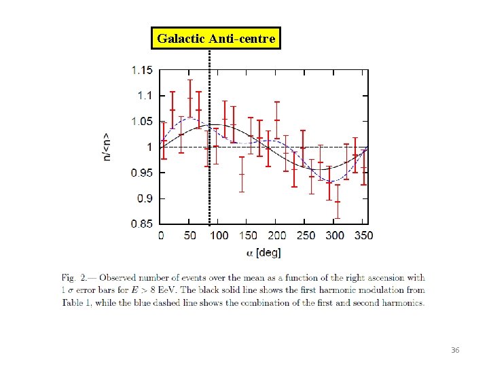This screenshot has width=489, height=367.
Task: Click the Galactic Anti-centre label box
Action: pyautogui.click(x=216, y=39)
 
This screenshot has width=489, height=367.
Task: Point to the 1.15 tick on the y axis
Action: pyautogui.click(x=142, y=69)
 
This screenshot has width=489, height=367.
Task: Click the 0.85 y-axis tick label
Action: pyautogui.click(x=142, y=224)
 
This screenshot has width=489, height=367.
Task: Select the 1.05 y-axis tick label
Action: pyautogui.click(x=142, y=122)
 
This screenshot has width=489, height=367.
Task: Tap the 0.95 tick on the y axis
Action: pyautogui.click(x=142, y=173)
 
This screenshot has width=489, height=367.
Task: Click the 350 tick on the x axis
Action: pyautogui.click(x=363, y=235)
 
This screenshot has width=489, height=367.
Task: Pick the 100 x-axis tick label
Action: pyautogui.click(x=219, y=235)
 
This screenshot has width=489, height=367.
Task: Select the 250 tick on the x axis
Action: pyautogui.click(x=306, y=235)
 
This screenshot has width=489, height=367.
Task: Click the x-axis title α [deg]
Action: pyautogui.click(x=264, y=252)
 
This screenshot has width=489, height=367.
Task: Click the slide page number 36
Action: pyautogui.click(x=456, y=349)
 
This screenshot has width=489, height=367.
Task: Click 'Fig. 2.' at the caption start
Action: pyautogui.click(x=75, y=277)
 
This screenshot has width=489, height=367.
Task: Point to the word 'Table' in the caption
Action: pyautogui.click(x=73, y=302)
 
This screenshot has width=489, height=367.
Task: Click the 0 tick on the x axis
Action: pyautogui.click(x=161, y=235)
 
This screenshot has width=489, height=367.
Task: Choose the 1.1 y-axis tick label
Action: pyautogui.click(x=145, y=96)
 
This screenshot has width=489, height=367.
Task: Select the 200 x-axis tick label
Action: pyautogui.click(x=276, y=235)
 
